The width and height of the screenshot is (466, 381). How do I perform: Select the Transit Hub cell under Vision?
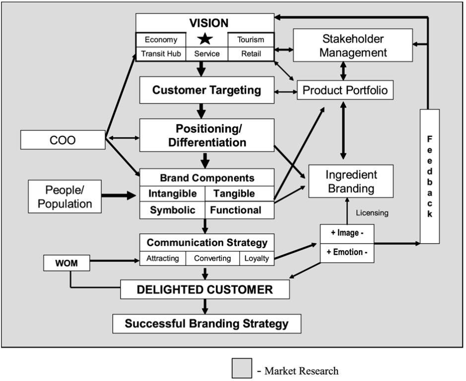point(161,54)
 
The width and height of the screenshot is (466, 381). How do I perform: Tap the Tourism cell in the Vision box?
point(251,40)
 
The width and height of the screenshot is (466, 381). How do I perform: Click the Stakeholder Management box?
point(352,45)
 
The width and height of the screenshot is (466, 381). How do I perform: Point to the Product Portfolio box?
point(345,90)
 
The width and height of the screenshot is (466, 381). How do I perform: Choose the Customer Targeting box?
point(206,90)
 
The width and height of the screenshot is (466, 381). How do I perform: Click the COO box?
point(63,140)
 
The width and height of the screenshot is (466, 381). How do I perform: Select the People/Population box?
point(65,196)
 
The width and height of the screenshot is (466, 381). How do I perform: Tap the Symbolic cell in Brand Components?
point(173,210)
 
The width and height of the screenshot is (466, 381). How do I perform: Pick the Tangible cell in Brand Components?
point(239,193)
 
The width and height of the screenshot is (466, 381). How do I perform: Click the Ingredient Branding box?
point(351,182)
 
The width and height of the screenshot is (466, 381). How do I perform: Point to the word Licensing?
point(372,213)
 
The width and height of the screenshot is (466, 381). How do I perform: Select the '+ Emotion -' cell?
point(347,252)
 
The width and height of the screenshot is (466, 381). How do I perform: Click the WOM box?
point(67,263)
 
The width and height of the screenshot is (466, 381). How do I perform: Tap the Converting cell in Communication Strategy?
point(212,258)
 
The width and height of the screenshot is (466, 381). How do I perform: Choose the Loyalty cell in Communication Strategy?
point(257,258)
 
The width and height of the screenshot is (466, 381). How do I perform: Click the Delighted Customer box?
point(204,290)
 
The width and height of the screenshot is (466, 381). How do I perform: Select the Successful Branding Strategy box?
point(206,324)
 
